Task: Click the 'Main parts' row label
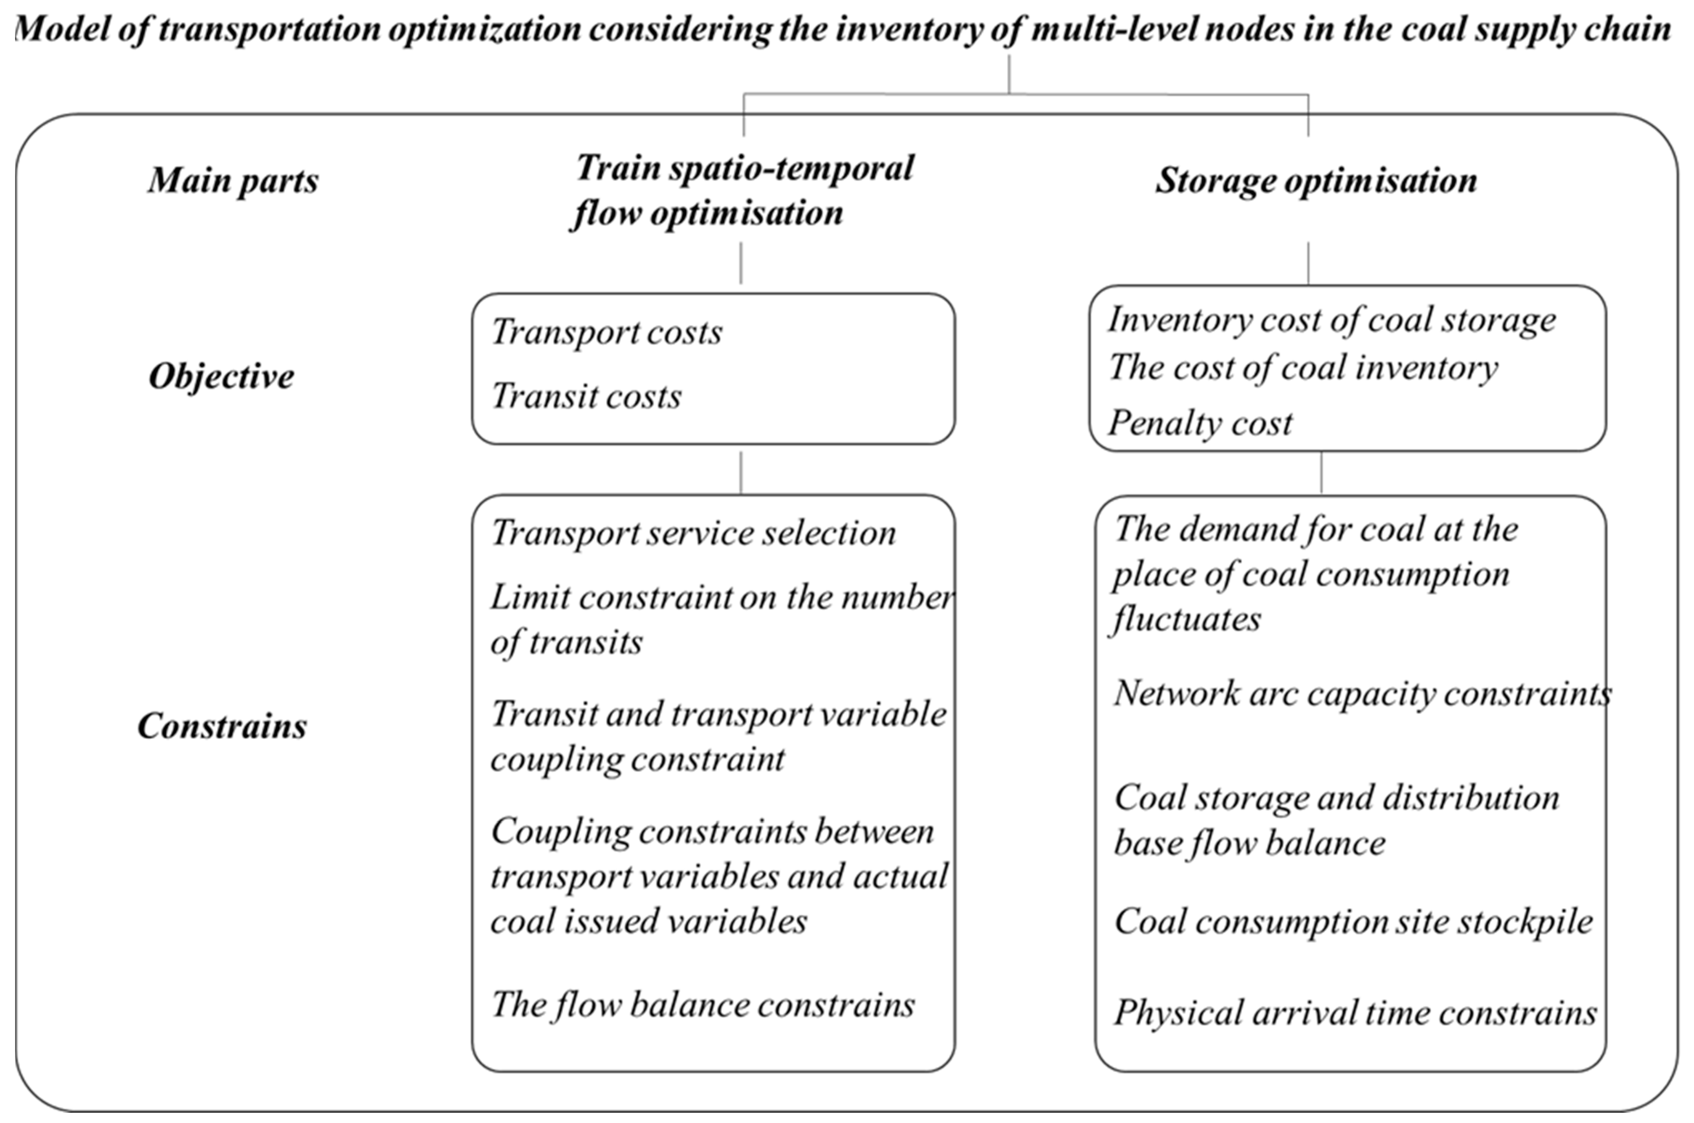[x=233, y=180]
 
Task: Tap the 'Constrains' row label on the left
[x=222, y=726]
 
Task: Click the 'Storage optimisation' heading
[x=1316, y=180]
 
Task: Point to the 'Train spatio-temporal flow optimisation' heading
[x=744, y=191]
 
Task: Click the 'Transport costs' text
[x=607, y=332]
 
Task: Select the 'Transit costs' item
[x=586, y=396]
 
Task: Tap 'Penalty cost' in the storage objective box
[x=1200, y=423]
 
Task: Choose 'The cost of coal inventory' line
[x=1303, y=368]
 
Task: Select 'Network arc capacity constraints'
[x=1361, y=693]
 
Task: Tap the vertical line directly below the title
[x=1009, y=75]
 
